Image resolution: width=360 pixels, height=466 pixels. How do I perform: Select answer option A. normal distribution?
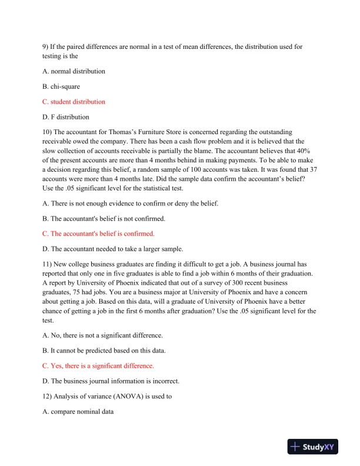(x=74, y=71)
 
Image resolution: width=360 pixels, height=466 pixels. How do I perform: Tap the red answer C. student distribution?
(x=74, y=102)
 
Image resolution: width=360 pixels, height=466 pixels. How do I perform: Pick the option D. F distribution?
(x=66, y=117)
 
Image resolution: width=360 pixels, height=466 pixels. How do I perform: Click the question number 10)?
(x=48, y=132)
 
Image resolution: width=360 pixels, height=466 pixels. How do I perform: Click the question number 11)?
(x=48, y=264)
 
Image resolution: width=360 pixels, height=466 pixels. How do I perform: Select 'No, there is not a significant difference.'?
(x=103, y=335)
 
